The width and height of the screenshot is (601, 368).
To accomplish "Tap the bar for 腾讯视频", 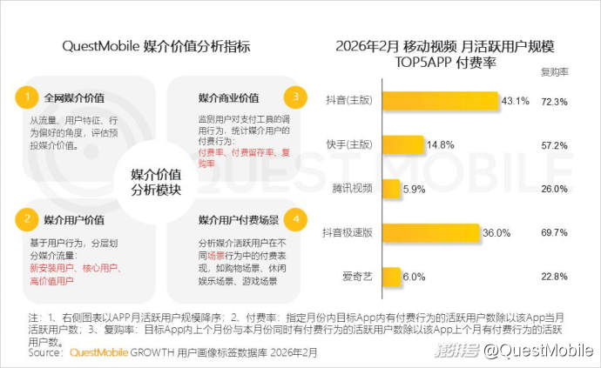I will point(390,188).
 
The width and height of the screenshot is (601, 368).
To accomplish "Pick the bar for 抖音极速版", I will point(431,232).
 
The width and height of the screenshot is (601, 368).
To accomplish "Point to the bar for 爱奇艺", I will point(390,276).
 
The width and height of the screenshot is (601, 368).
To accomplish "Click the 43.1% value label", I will point(515,101).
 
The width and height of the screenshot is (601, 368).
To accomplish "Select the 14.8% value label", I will point(440,144).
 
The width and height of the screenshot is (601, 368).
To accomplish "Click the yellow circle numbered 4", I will point(296,218).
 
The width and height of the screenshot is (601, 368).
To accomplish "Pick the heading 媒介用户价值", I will point(74,218).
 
